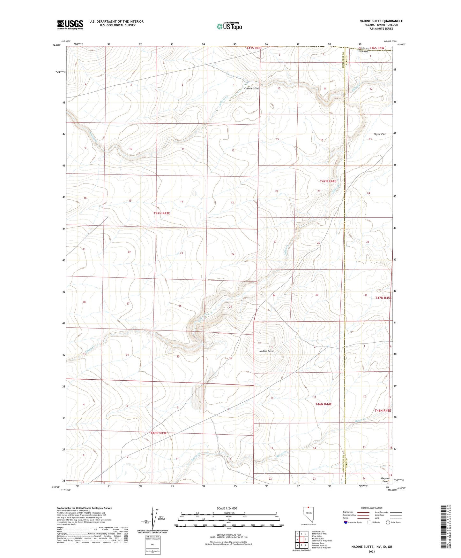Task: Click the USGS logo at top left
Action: click(70, 25)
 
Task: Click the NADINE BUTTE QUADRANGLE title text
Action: click(381, 21)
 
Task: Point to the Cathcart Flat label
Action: click(251, 89)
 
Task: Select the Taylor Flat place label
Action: click(380, 134)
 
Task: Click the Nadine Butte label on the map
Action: click(266, 351)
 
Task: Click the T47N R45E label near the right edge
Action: click(383, 298)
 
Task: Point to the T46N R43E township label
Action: click(159, 433)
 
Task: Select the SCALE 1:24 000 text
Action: click(227, 508)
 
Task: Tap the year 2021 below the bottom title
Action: click(371, 551)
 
